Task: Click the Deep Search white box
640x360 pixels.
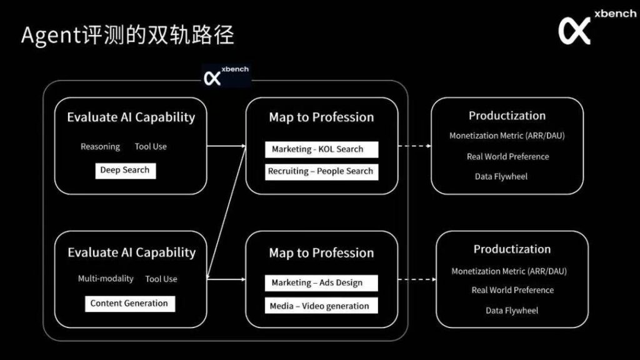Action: [x=125, y=171]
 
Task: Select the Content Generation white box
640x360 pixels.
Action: [x=130, y=304]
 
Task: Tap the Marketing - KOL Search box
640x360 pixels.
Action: [x=322, y=149]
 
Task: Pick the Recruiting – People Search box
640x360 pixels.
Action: [x=322, y=172]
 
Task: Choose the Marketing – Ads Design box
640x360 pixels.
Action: [x=321, y=283]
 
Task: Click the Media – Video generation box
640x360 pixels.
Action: [x=321, y=306]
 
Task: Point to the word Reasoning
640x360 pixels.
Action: [x=101, y=147]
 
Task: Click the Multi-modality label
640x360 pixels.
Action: [x=106, y=279]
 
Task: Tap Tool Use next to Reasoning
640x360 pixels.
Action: [x=151, y=146]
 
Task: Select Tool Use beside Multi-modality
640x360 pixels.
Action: [x=161, y=279]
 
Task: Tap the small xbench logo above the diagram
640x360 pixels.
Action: [x=226, y=75]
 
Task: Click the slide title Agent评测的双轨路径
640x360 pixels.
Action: [x=127, y=35]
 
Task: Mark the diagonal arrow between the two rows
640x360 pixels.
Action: [x=226, y=212]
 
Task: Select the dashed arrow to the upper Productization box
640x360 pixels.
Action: [x=415, y=146]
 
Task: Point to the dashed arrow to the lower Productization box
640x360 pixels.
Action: [x=417, y=279]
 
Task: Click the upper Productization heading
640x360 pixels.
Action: [x=507, y=116]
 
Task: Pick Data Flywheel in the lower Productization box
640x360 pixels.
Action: [x=512, y=311]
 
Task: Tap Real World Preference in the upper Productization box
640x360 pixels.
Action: [x=507, y=156]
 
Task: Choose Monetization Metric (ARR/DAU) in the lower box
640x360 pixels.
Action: [x=509, y=271]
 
